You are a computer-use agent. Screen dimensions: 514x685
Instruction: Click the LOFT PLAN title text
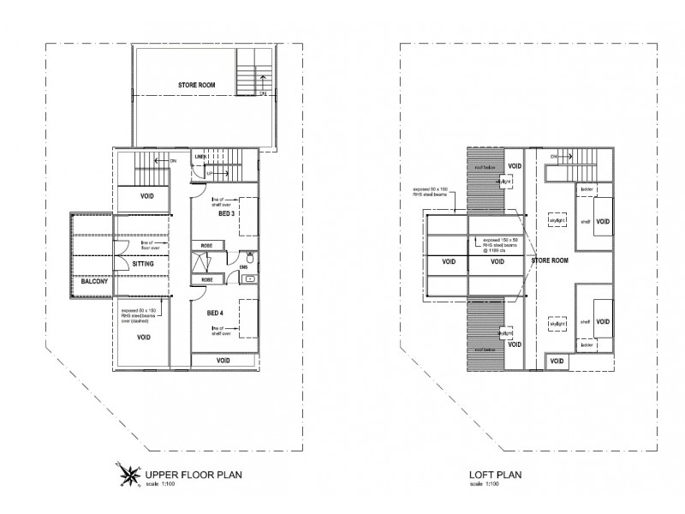pyautogui.click(x=495, y=473)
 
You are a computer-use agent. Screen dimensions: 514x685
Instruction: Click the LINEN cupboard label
pyautogui.click(x=200, y=158)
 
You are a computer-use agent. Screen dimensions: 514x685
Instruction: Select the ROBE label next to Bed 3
pyautogui.click(x=206, y=246)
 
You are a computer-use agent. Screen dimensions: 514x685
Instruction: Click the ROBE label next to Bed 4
pyautogui.click(x=206, y=279)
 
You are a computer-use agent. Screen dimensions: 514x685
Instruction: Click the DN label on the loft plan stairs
pyautogui.click(x=554, y=157)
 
